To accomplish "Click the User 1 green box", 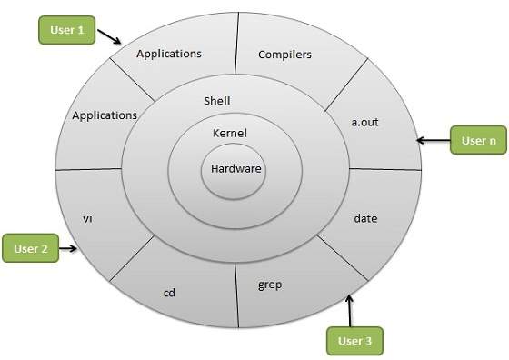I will [x=67, y=31].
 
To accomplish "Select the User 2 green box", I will [x=32, y=247].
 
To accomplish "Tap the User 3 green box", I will [x=354, y=341].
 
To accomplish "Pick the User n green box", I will [x=478, y=141].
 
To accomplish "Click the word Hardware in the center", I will [x=236, y=169].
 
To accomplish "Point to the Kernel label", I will [x=230, y=134].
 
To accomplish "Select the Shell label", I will [x=217, y=101].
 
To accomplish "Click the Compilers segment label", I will [x=284, y=55].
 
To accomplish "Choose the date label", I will [x=365, y=219].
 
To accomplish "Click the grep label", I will [x=270, y=285].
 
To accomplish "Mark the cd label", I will [x=169, y=293].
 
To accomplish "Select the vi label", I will [x=88, y=219].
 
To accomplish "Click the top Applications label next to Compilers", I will [x=168, y=54].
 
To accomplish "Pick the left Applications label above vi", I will [x=105, y=116].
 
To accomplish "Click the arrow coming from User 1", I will [x=110, y=37].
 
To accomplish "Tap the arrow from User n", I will [x=433, y=141].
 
